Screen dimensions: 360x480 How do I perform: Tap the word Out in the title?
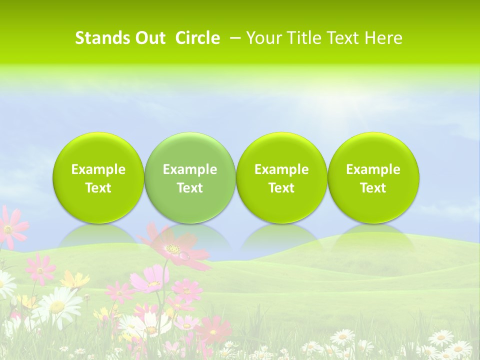coord(148,38)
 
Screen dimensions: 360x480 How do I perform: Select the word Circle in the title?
coord(197,38)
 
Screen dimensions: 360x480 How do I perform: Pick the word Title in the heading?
coord(303,38)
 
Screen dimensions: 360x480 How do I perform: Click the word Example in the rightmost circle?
coord(373,169)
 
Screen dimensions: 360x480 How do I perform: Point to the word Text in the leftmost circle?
coord(98,188)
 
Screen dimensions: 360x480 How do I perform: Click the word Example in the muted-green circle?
coord(190,169)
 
